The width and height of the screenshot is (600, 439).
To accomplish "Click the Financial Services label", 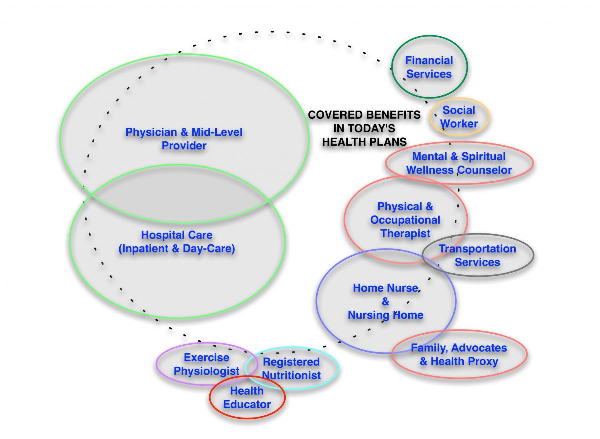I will point(428,67).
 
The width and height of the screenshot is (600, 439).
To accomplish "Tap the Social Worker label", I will point(459,117).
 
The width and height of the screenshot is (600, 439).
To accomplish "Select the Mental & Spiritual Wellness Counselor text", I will point(458,163).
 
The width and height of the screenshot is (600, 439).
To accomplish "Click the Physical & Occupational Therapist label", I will point(405,220).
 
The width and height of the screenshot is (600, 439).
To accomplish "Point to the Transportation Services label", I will point(477,255).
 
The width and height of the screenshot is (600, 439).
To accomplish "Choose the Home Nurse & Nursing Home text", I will point(385,302).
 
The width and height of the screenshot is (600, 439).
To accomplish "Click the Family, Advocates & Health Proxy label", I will point(458,354).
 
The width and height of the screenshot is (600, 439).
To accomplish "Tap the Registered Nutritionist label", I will point(291,368).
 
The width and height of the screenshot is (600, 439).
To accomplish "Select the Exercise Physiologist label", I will point(206,364).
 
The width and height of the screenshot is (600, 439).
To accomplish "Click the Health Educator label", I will point(247,398).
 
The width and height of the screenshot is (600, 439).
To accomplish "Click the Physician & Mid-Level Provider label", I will point(184,139).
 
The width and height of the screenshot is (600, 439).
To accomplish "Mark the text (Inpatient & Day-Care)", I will point(176,248).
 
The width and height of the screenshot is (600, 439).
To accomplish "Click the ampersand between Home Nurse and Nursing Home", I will point(385,302).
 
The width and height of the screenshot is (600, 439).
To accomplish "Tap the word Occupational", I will point(405,220).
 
